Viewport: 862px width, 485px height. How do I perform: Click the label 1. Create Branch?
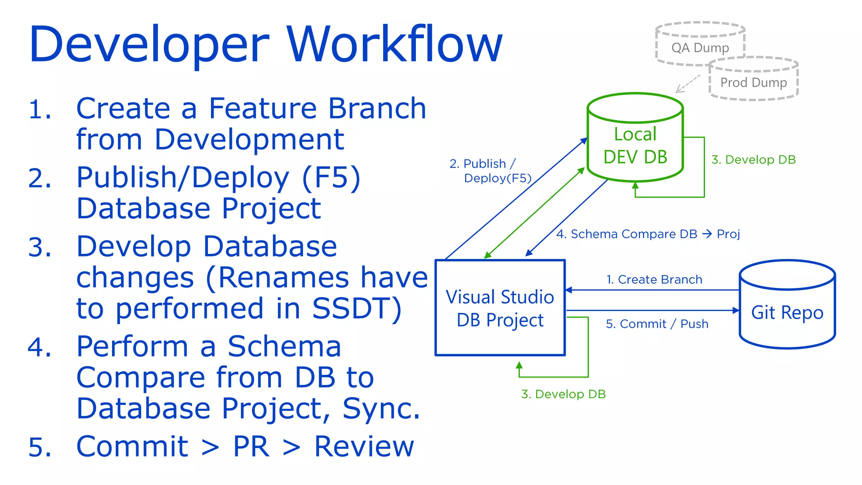point(654,280)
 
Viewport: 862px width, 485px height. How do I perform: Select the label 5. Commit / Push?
point(657,324)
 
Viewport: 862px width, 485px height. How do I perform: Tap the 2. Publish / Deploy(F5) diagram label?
point(490,171)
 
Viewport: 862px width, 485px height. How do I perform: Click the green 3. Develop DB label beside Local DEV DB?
point(753,160)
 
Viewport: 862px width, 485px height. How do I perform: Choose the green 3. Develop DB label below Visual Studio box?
point(563,394)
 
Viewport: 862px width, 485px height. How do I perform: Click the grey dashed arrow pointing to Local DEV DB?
point(688,84)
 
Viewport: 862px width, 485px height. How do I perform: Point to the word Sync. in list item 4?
point(381,408)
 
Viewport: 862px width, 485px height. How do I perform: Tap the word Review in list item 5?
point(364,447)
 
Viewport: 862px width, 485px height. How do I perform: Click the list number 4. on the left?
point(40,348)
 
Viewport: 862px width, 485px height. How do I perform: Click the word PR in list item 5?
point(251,447)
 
